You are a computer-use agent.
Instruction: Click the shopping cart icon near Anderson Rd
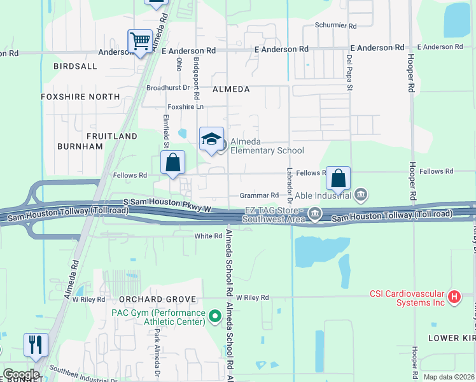pos(140,42)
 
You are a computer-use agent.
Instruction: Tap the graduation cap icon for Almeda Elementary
pos(212,139)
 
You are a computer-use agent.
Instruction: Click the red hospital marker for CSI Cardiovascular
pos(454,297)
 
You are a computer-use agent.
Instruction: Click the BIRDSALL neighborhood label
pos(76,66)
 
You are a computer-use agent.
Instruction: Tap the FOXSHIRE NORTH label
pos(80,97)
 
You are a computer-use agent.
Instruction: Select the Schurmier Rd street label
pos(336,26)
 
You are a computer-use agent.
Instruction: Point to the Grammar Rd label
pos(259,195)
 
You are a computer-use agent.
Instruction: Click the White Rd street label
pos(207,236)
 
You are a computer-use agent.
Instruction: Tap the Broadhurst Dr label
pos(169,88)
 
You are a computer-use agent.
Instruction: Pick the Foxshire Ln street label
pos(185,107)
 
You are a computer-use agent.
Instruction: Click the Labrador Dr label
pos(290,182)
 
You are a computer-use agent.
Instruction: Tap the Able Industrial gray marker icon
pos(361,194)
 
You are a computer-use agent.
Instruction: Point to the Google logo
pos(21,374)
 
